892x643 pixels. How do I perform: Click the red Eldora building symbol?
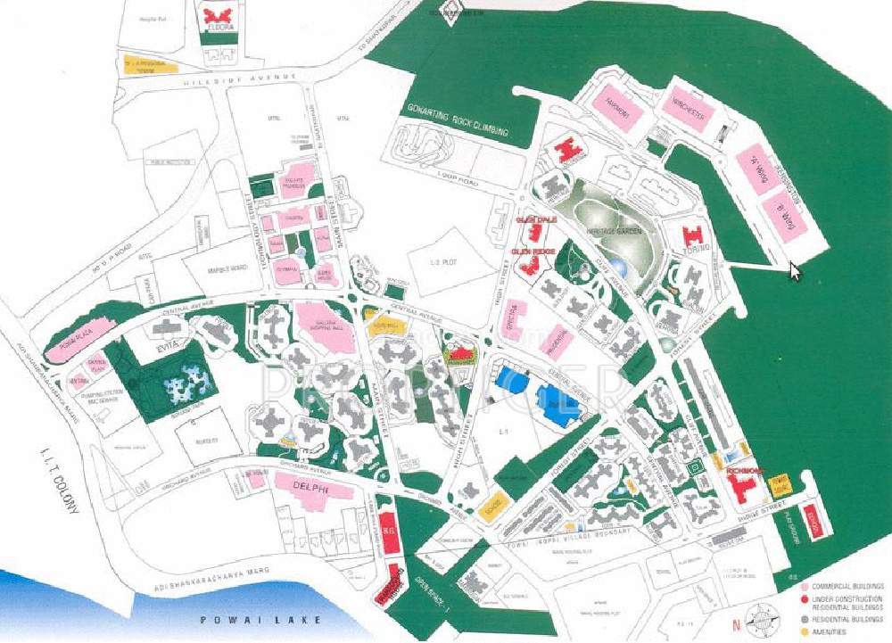[219, 15]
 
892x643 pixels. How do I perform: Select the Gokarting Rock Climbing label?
[457, 122]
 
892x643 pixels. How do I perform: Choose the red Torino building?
[693, 238]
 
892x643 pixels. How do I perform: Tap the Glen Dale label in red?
[535, 219]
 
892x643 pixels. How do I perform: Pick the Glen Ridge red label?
[533, 252]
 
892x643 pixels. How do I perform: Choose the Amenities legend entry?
[838, 630]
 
